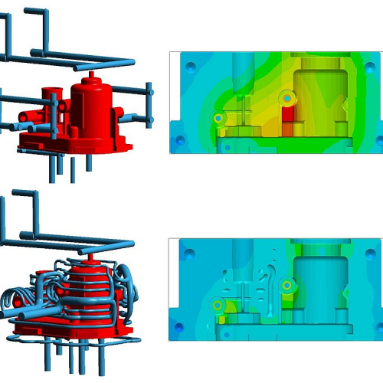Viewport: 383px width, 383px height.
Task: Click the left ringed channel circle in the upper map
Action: point(218,119)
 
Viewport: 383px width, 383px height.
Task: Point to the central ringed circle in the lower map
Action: point(287,285)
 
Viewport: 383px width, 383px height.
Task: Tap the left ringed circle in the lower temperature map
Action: point(218,305)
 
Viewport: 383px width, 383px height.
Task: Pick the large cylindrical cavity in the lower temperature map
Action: point(316,280)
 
